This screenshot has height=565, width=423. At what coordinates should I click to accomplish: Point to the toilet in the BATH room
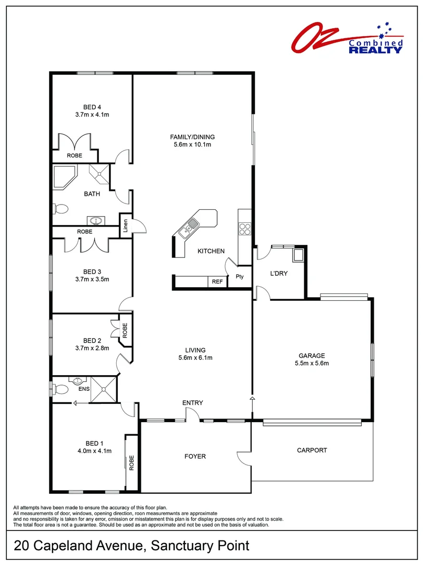[x=61, y=209]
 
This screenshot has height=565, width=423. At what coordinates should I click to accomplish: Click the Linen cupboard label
[x=126, y=225]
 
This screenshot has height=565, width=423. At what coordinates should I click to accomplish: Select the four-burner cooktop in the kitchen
[x=245, y=228]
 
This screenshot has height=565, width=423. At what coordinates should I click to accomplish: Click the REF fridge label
[x=217, y=282]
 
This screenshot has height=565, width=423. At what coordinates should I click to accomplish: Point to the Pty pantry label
[x=240, y=276]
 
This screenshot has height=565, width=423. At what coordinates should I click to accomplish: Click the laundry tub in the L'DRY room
[x=299, y=255]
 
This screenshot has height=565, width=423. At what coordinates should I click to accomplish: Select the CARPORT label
[x=311, y=450]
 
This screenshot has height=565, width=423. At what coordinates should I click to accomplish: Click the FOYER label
[x=195, y=456]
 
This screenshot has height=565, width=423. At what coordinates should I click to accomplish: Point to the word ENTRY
[x=192, y=402]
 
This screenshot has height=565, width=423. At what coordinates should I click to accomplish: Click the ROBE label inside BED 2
[x=125, y=330]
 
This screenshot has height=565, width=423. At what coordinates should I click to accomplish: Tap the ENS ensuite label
[x=83, y=389]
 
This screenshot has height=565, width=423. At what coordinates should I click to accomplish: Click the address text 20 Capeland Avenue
[x=79, y=546]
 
